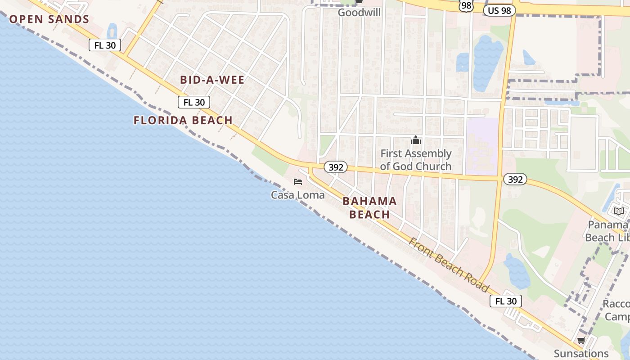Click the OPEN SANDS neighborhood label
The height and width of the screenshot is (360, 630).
click(49, 19)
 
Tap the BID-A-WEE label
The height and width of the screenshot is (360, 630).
click(212, 80)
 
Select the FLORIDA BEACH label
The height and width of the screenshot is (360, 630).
click(183, 120)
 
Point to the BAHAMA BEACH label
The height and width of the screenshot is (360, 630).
click(370, 207)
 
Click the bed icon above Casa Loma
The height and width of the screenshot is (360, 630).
click(297, 182)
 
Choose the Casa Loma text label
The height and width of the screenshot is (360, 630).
click(297, 195)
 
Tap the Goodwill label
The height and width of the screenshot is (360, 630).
click(359, 13)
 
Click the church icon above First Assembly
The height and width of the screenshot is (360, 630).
click(416, 140)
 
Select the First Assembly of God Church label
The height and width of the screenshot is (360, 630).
click(416, 160)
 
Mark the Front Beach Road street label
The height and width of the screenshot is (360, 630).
click(448, 264)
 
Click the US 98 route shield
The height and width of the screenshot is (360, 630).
click(499, 10)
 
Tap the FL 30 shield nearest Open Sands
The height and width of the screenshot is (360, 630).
click(105, 45)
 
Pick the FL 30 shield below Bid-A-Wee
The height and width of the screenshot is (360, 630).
click(194, 102)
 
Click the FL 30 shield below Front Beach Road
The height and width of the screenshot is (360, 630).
click(506, 301)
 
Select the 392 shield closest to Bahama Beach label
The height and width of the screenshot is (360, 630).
click(336, 167)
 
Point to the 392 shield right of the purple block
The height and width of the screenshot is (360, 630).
click(515, 180)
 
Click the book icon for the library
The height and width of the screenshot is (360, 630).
click(619, 211)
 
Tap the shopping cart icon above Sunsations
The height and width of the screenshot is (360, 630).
click(581, 341)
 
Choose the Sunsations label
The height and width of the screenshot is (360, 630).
click(581, 353)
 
